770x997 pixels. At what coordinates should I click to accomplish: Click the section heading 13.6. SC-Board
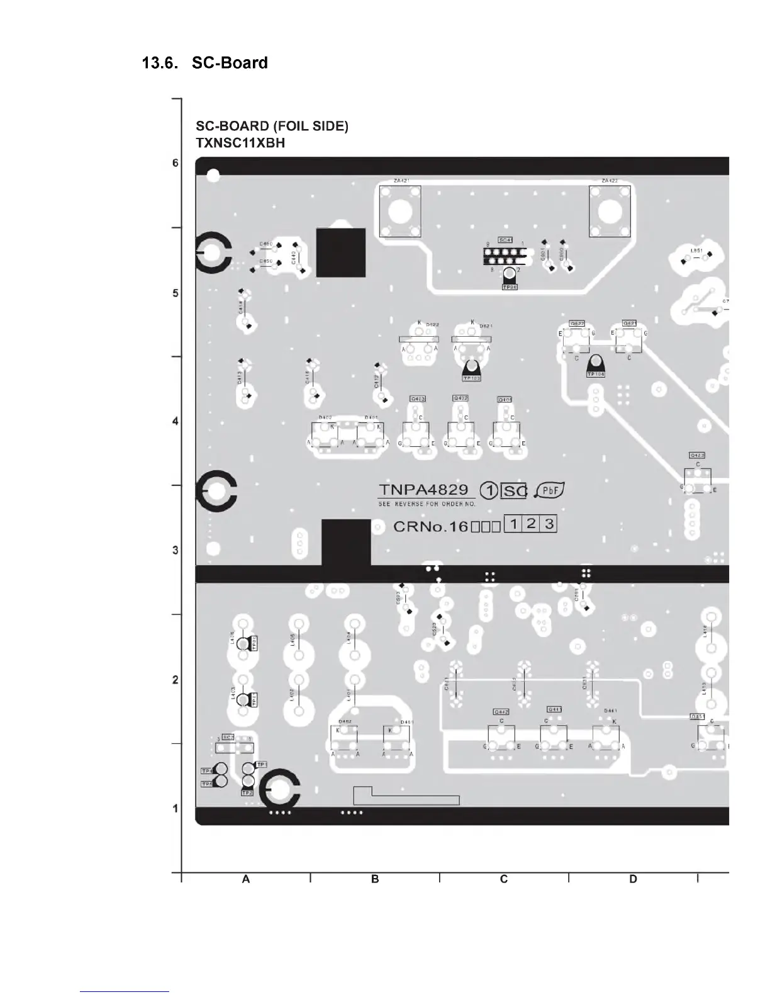tap(205, 63)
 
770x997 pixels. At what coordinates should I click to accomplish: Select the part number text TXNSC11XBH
tap(240, 143)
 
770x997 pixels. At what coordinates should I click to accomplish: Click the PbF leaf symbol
tap(550, 490)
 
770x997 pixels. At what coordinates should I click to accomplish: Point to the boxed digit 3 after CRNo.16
tap(549, 524)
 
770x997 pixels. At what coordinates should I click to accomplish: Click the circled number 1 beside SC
tap(489, 491)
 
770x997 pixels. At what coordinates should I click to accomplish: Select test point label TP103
tap(471, 378)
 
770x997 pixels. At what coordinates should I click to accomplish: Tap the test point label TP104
tap(595, 374)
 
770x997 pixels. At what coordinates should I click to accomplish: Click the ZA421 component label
tap(401, 181)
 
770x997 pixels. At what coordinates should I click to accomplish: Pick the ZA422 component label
tap(609, 181)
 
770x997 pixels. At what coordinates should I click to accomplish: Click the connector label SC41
tap(505, 240)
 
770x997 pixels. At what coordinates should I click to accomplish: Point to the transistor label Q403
tap(418, 399)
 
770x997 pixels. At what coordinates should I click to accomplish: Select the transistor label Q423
tap(697, 455)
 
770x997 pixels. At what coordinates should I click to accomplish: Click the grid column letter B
tap(375, 879)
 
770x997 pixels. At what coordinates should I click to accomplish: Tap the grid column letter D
tap(633, 879)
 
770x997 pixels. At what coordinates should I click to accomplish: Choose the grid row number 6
tap(176, 163)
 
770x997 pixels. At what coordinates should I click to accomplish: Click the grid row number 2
tap(176, 680)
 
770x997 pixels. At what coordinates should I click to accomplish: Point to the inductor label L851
tap(696, 251)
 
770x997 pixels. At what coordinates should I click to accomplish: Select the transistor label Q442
tap(501, 712)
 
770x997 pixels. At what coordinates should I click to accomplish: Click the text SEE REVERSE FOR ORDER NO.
tap(427, 504)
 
